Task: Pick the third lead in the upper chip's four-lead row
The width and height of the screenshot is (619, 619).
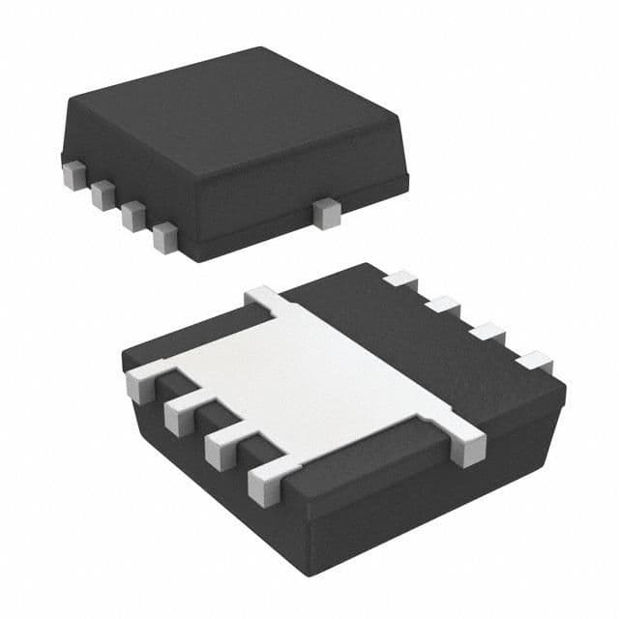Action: [x=132, y=215]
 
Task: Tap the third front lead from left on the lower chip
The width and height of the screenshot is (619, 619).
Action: [x=220, y=447]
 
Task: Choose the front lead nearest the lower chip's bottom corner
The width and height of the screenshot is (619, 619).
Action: [x=263, y=481]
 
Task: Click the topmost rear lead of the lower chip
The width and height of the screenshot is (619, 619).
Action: [x=398, y=280]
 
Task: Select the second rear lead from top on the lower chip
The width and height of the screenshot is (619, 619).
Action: [x=444, y=306]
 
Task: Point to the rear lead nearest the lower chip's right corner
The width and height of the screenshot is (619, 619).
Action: [x=533, y=363]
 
